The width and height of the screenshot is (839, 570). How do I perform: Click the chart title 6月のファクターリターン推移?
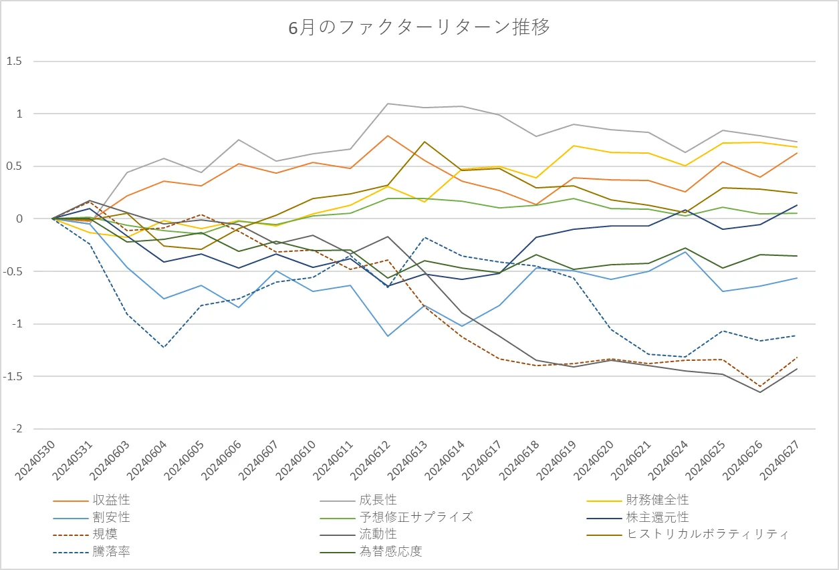pos(419,28)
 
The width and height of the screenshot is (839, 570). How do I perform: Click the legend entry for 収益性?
pos(112,500)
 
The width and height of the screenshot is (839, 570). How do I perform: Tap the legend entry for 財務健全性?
pos(657,500)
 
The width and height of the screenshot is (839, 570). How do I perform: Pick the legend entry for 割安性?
pos(112,517)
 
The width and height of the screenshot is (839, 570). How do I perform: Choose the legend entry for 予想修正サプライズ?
pos(415,517)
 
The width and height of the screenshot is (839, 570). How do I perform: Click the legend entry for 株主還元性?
pos(657,517)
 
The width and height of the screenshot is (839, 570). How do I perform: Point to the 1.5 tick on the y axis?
pos(14,61)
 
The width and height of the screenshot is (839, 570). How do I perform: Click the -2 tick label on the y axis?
pos(17,429)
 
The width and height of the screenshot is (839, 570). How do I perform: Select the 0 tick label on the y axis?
pos(19,219)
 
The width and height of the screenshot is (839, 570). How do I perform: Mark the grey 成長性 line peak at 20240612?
pos(387,104)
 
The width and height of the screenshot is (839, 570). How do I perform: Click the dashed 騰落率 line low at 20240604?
pos(164,347)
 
